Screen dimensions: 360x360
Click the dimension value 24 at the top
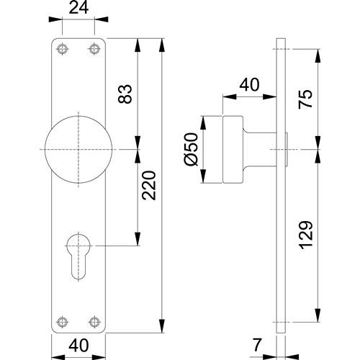[x=78, y=8]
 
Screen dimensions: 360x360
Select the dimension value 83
[x=125, y=94]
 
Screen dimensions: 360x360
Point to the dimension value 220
[x=149, y=185]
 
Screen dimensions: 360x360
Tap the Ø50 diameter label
[x=192, y=149]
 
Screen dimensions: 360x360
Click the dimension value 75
[x=305, y=99]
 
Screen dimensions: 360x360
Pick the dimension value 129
[x=306, y=235]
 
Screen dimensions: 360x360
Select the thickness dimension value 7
[x=257, y=345]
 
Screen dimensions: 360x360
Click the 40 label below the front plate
[x=78, y=346]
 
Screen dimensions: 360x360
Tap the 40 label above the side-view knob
[x=250, y=84]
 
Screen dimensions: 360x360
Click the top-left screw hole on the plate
[x=63, y=49]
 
